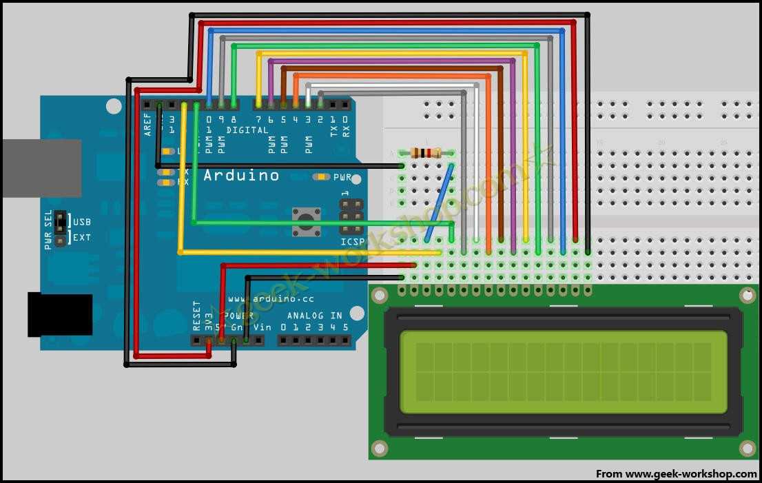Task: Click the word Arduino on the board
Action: pos(241,175)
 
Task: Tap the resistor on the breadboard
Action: pos(426,153)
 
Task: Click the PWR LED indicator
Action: pos(321,177)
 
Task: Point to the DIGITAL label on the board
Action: pos(247,130)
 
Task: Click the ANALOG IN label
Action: pos(316,316)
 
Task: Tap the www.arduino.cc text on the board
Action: pos(271,299)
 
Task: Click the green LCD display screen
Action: pos(563,372)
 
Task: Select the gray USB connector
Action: pos(41,168)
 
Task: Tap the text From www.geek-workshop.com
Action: pos(676,474)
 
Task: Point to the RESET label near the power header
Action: pos(197,316)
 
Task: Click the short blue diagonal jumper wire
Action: pos(440,203)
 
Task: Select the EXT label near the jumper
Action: pos(82,238)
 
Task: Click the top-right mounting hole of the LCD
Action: pos(748,296)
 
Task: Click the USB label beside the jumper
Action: pos(82,222)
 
